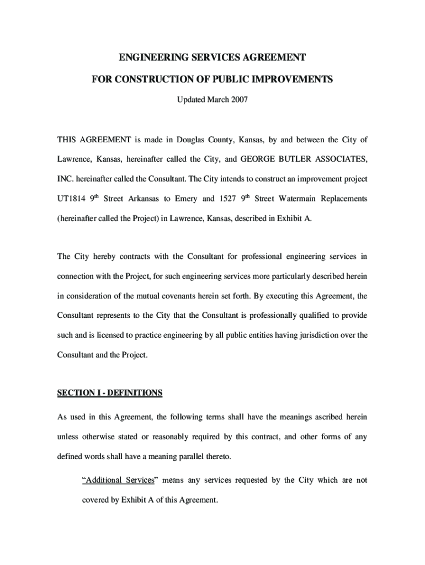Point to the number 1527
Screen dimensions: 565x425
pos(228,199)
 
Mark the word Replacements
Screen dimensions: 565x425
pos(345,199)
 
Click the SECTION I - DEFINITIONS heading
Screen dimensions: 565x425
pos(110,393)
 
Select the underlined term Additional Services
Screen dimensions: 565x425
pos(118,480)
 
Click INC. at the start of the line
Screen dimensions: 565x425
pos(66,179)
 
